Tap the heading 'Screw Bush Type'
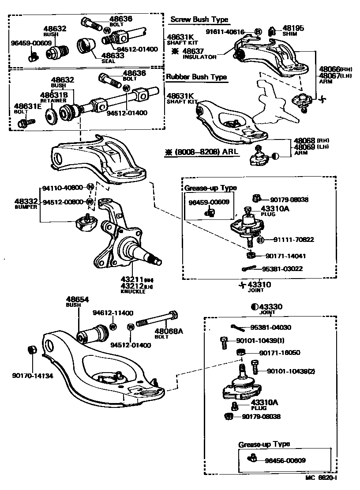[199, 19]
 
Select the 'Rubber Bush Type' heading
[196, 77]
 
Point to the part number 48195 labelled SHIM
[293, 28]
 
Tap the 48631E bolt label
[27, 106]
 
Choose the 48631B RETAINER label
[54, 95]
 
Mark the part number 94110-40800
[62, 188]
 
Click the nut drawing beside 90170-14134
[32, 350]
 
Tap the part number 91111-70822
[293, 240]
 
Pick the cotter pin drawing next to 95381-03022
[249, 268]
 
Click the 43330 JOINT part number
[270, 307]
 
